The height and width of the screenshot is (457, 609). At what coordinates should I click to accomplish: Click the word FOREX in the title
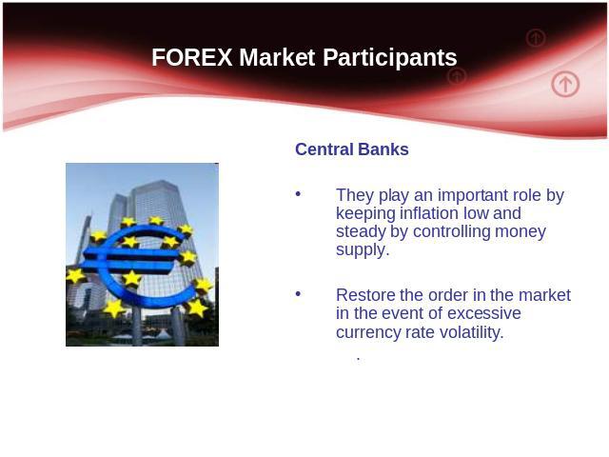pyautogui.click(x=192, y=57)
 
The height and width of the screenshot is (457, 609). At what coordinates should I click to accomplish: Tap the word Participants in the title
pyautogui.click(x=390, y=58)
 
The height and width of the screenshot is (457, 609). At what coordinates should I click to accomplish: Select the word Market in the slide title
pyautogui.click(x=277, y=57)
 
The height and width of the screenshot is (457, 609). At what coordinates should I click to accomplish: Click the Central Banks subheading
pyautogui.click(x=352, y=149)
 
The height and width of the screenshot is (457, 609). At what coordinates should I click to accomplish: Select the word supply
pyautogui.click(x=363, y=250)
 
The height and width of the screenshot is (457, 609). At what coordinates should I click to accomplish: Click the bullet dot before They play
pyautogui.click(x=298, y=193)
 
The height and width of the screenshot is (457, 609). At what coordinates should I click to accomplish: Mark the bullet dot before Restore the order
pyautogui.click(x=298, y=293)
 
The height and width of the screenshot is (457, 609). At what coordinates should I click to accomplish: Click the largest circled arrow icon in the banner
pyautogui.click(x=565, y=84)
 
